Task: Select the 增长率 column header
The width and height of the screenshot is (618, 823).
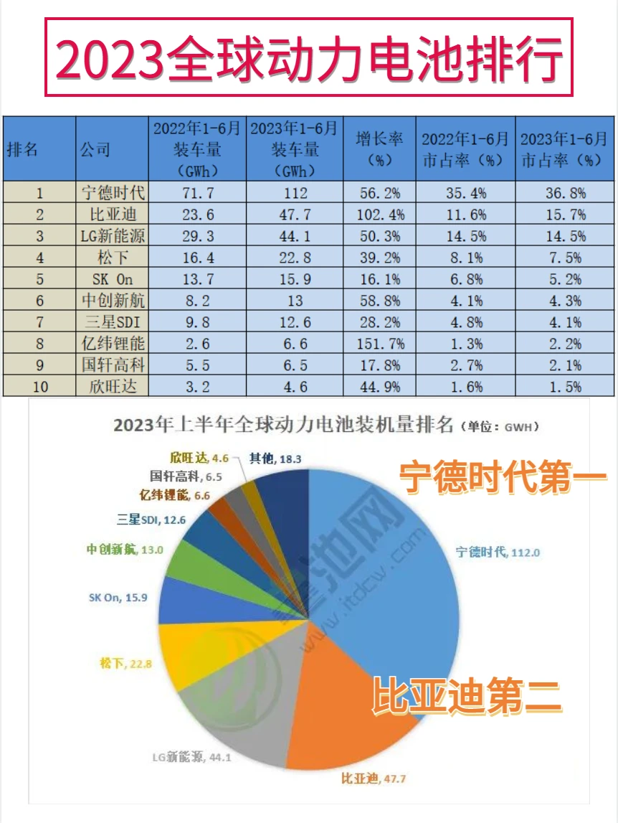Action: [x=379, y=149]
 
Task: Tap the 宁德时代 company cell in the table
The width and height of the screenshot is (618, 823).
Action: [x=113, y=192]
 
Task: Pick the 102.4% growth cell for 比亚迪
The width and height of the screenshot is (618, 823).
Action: [x=379, y=214]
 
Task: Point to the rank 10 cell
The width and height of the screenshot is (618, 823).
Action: [x=39, y=387]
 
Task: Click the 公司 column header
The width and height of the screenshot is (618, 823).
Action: [x=96, y=149]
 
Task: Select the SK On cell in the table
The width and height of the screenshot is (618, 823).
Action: [x=113, y=279]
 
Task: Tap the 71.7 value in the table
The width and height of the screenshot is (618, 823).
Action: [x=199, y=192]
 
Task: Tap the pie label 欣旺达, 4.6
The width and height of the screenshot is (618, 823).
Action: [x=194, y=456]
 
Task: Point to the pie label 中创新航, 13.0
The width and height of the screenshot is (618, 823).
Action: [x=120, y=549]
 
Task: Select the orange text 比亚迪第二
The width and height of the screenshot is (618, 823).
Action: [x=466, y=697]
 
